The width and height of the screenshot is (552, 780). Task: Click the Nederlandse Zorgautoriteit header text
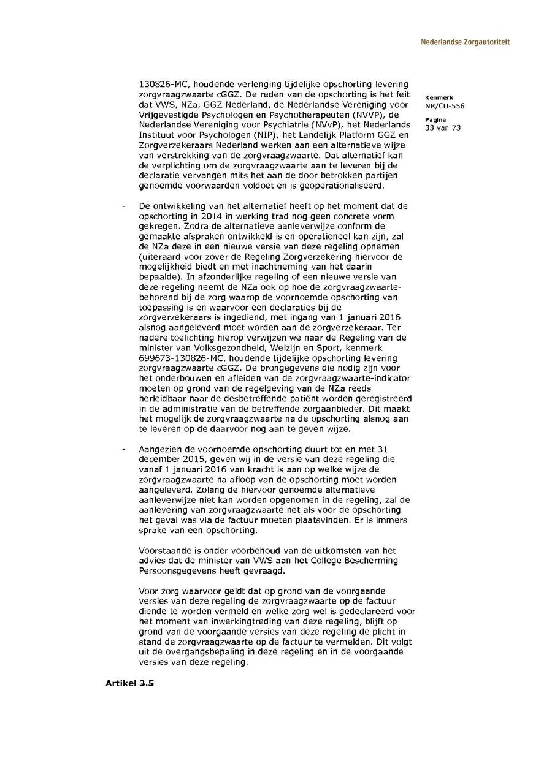465,42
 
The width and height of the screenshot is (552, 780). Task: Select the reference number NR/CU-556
445,106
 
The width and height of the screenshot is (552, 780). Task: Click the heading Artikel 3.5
129,683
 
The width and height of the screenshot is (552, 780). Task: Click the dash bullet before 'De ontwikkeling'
124,206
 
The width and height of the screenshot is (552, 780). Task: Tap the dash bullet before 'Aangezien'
124,450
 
